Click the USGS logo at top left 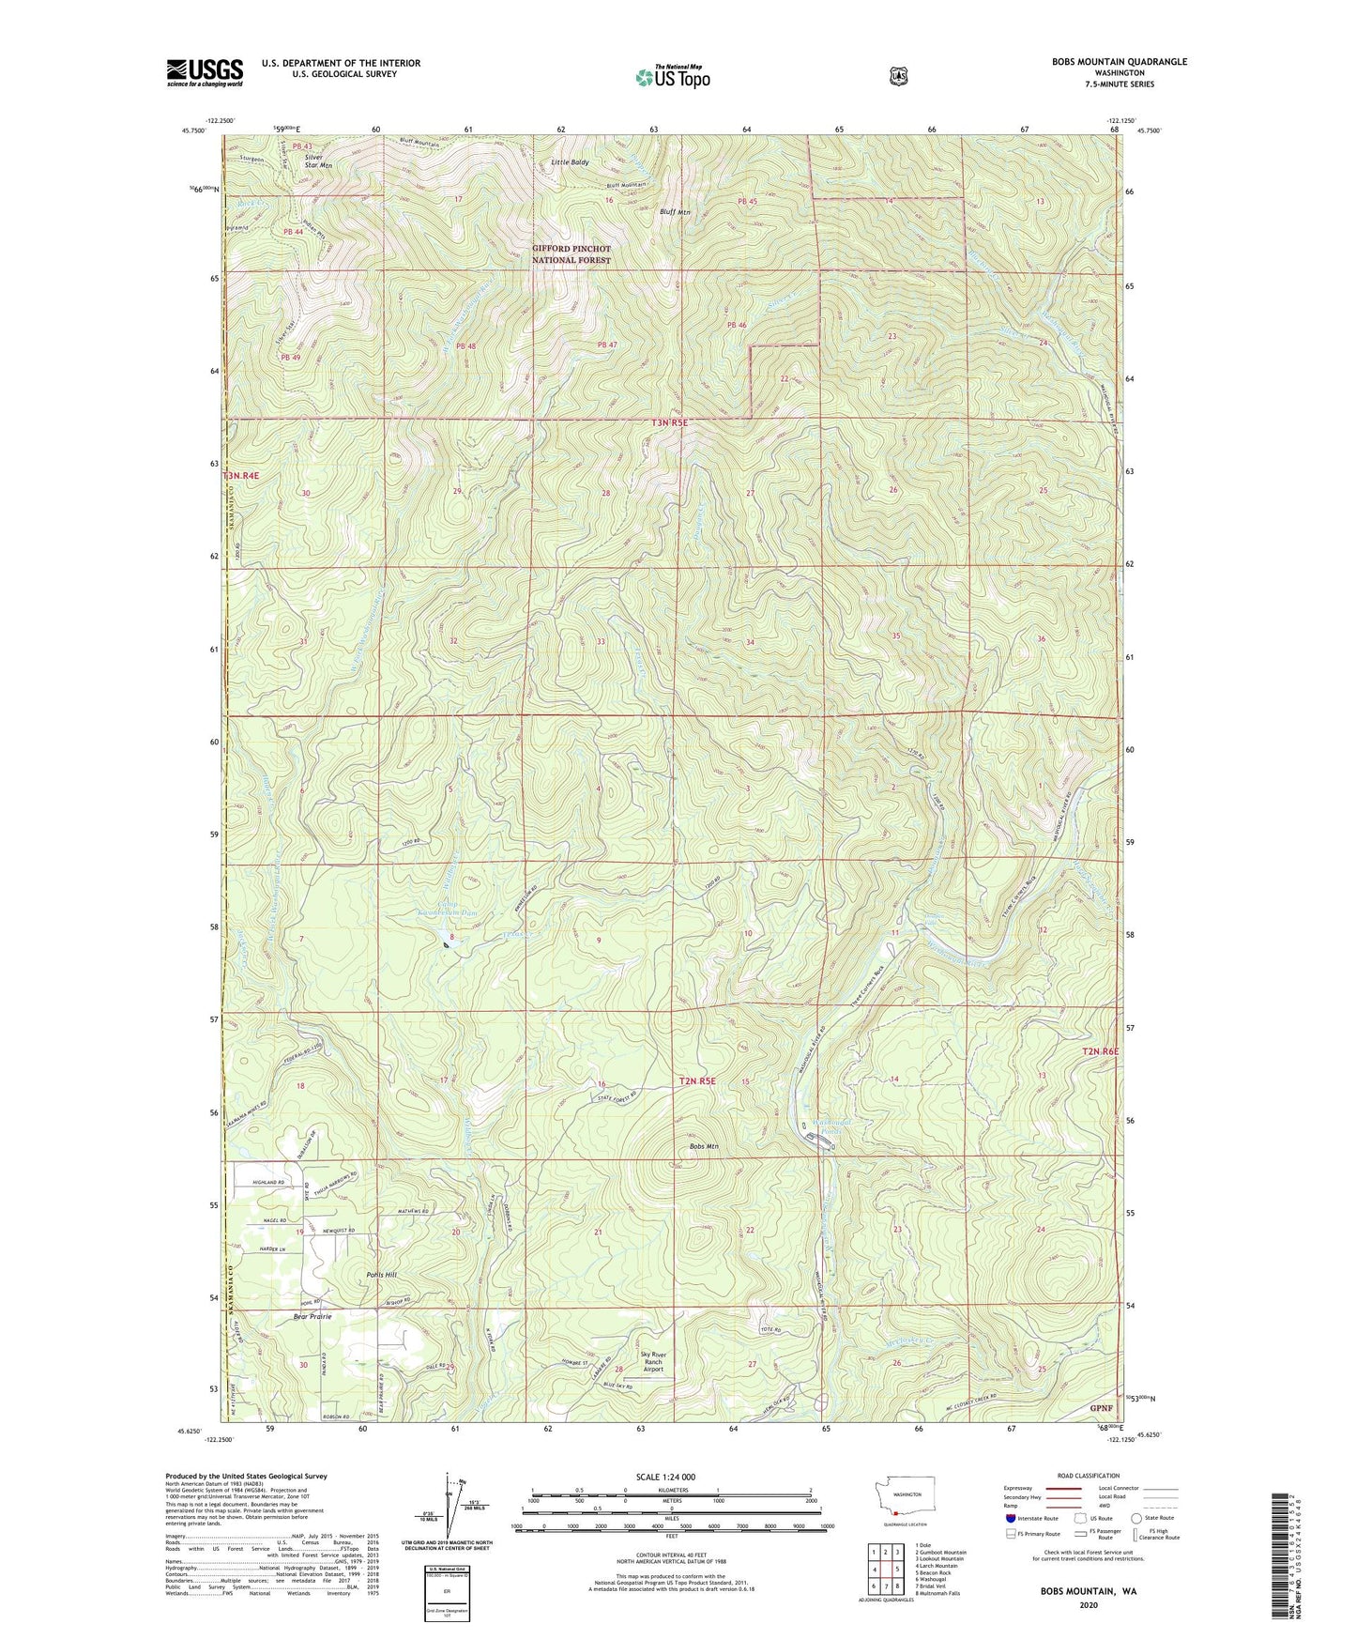pyautogui.click(x=205, y=72)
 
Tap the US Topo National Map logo pyautogui.click(x=671, y=76)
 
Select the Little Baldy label pyautogui.click(x=570, y=162)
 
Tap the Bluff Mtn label pyautogui.click(x=675, y=212)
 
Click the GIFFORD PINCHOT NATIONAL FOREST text pyautogui.click(x=571, y=254)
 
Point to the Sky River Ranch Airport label pyautogui.click(x=653, y=1362)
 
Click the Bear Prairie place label pyautogui.click(x=312, y=1317)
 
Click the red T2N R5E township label pyautogui.click(x=696, y=1080)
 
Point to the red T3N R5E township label pyautogui.click(x=669, y=423)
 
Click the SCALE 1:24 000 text pyautogui.click(x=665, y=1478)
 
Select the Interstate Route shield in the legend pyautogui.click(x=1010, y=1518)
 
